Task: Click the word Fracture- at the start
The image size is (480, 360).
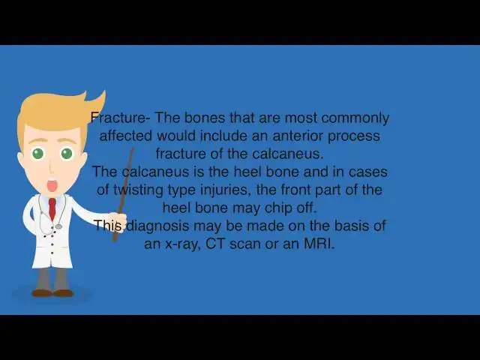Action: tap(118, 118)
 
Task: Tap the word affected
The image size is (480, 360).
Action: tap(125, 136)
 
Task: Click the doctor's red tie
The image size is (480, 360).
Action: tap(52, 210)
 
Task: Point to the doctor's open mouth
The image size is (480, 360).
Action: tap(52, 185)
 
